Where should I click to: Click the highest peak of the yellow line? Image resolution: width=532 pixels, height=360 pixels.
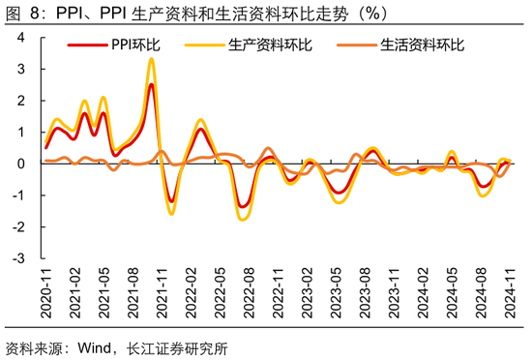pos(151,59)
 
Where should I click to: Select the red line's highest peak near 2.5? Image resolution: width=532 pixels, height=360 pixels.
pos(152,84)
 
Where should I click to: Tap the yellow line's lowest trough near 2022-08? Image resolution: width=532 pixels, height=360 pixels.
pos(242,219)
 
